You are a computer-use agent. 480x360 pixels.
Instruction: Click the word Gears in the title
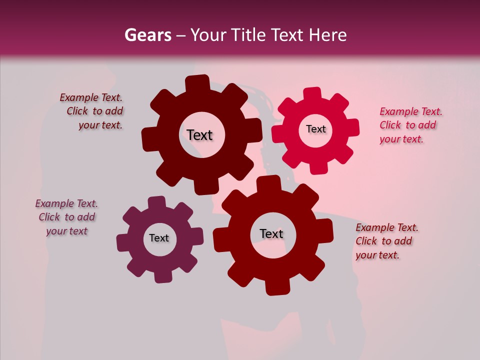pyautogui.click(x=147, y=35)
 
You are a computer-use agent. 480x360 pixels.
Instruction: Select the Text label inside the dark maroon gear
pyautogui.click(x=199, y=135)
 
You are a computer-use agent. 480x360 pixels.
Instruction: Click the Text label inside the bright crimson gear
pyautogui.click(x=315, y=129)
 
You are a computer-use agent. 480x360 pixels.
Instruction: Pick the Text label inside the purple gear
pyautogui.click(x=158, y=238)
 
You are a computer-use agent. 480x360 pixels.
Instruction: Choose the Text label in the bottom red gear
pyautogui.click(x=271, y=233)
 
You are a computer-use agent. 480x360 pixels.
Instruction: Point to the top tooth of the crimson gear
pyautogui.click(x=312, y=94)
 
